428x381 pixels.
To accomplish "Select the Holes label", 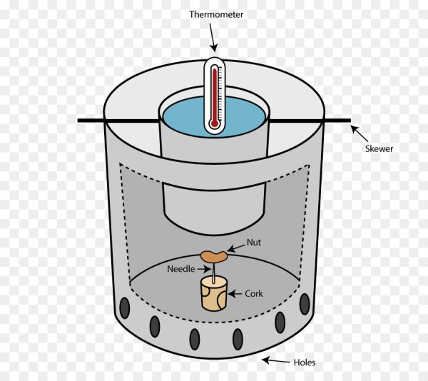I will (304, 362).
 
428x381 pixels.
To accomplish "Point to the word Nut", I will (254, 243).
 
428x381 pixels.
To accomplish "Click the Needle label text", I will (180, 269).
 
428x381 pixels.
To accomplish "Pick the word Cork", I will (254, 293).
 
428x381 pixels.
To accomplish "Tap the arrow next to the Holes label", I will (274, 361).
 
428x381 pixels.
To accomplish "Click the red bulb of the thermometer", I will (213, 125).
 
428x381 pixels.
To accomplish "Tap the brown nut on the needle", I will (213, 255).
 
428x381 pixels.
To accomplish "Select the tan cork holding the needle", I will (213, 294).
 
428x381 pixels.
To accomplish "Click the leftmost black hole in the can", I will (125, 309).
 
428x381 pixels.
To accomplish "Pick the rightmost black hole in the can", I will (305, 305).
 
